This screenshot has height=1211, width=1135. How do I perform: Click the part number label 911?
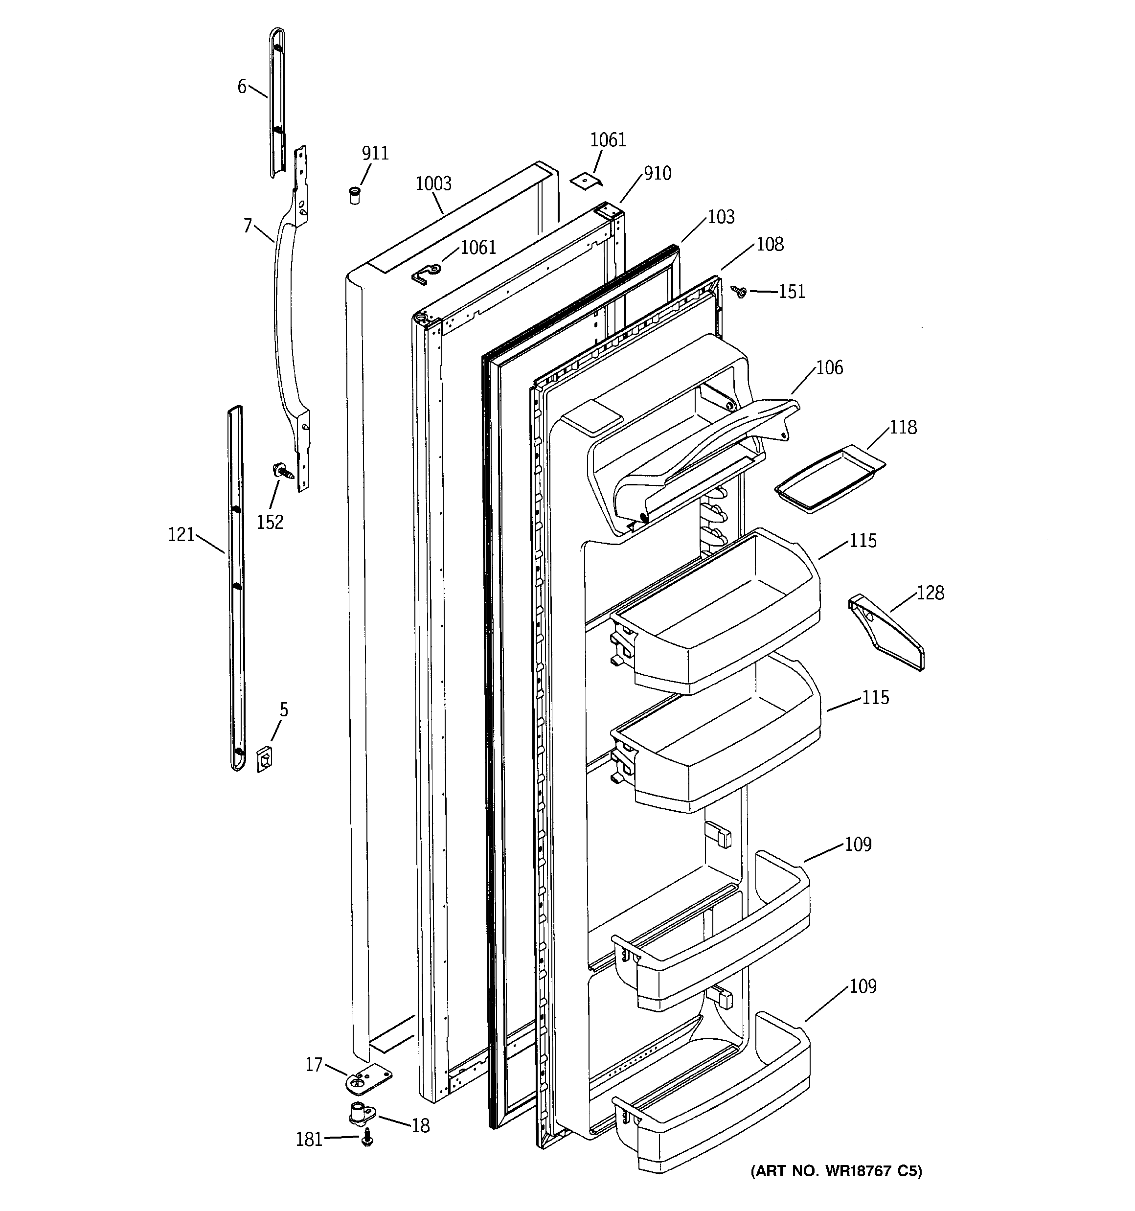pyautogui.click(x=375, y=153)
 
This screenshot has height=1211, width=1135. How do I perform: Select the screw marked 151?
pyautogui.click(x=741, y=292)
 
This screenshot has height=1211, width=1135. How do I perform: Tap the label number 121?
pyautogui.click(x=181, y=535)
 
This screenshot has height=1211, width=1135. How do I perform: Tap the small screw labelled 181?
pyautogui.click(x=367, y=1137)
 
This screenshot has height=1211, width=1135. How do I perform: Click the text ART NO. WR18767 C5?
pyautogui.click(x=837, y=1171)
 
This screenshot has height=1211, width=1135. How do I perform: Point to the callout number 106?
pyautogui.click(x=829, y=367)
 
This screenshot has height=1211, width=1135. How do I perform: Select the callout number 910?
pyautogui.click(x=658, y=174)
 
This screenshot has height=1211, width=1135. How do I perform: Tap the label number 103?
pyautogui.click(x=721, y=217)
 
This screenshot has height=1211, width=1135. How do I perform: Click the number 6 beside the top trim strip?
pyautogui.click(x=242, y=87)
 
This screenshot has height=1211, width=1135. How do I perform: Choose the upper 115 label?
pyautogui.click(x=863, y=540)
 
